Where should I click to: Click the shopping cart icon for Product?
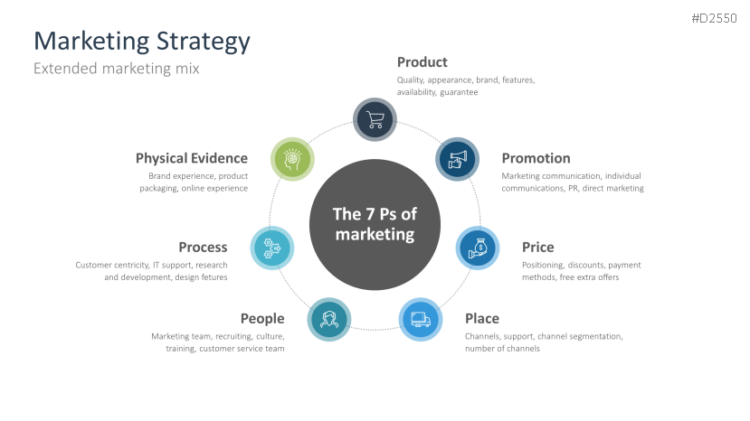click(375, 119)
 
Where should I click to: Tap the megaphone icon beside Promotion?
click(457, 159)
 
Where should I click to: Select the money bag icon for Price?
click(478, 248)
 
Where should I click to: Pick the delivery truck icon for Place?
click(421, 319)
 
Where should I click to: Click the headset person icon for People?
click(329, 319)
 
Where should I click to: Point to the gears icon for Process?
click(271, 248)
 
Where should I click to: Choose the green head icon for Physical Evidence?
click(293, 159)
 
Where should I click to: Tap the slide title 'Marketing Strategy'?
click(141, 41)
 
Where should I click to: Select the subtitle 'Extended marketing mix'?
click(116, 69)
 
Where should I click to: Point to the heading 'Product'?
click(422, 62)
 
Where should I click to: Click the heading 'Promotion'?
click(536, 158)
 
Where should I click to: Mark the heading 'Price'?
click(537, 247)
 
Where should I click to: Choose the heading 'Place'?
click(481, 318)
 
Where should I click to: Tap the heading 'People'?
click(262, 318)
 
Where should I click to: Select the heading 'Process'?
click(203, 247)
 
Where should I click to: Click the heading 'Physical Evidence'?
click(191, 158)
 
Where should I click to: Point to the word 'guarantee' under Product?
click(459, 92)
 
